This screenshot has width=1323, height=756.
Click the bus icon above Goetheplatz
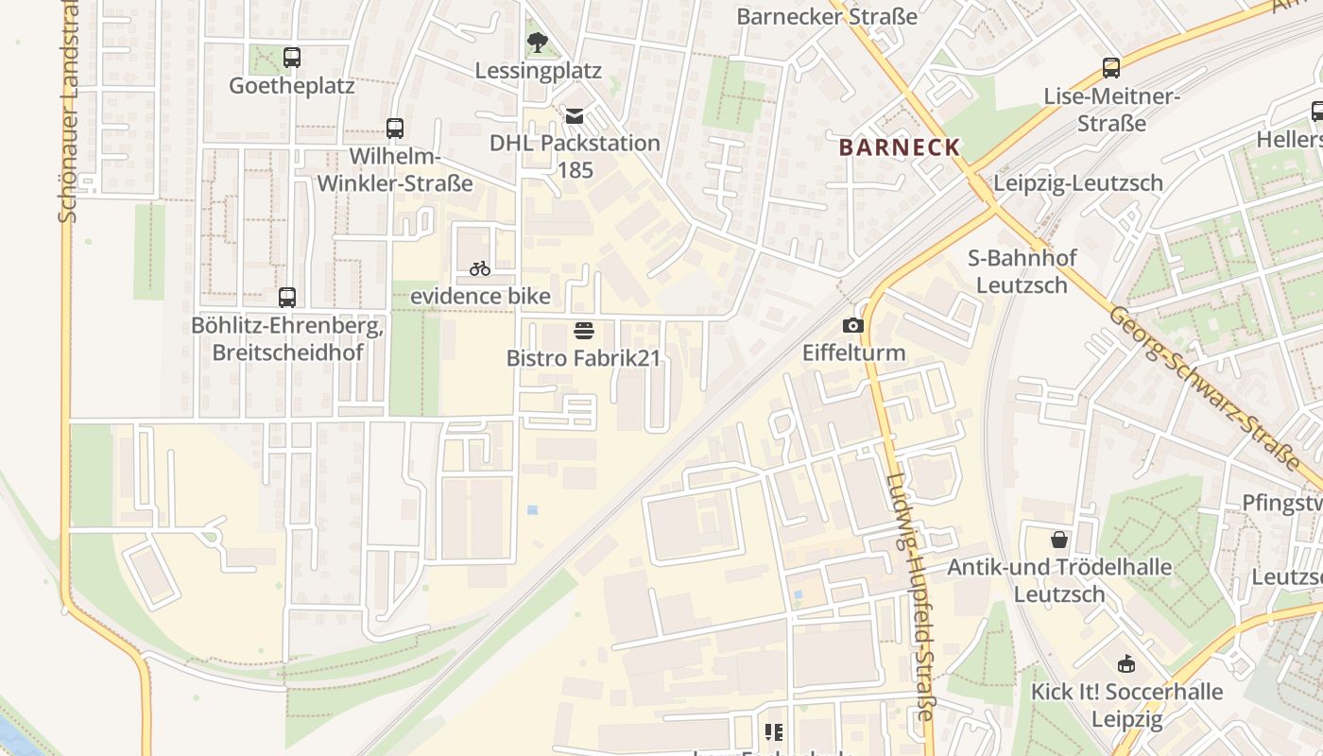(x=292, y=58)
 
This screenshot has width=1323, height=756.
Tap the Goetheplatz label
(x=292, y=86)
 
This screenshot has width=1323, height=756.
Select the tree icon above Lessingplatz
(x=537, y=43)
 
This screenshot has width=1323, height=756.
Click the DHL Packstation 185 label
(x=575, y=156)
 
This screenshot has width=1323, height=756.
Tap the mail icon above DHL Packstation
(x=574, y=116)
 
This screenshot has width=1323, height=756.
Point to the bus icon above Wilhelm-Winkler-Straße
(x=395, y=129)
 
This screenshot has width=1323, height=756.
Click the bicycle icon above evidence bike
(x=480, y=268)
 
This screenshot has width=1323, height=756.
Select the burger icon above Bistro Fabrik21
(x=583, y=331)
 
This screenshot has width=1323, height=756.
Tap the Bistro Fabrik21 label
(x=583, y=359)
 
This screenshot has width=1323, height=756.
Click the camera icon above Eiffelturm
(x=853, y=325)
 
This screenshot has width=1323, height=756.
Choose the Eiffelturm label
(x=853, y=353)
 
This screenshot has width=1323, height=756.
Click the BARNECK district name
(x=900, y=147)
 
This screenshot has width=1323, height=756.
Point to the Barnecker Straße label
(x=827, y=16)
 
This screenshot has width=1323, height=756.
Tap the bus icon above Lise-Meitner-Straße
(x=1111, y=68)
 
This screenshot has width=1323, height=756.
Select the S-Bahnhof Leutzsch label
(x=1022, y=271)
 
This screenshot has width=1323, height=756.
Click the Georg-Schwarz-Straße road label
(x=1204, y=387)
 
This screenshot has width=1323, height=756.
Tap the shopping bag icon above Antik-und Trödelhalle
(x=1059, y=540)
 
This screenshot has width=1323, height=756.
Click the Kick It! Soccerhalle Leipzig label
(x=1126, y=705)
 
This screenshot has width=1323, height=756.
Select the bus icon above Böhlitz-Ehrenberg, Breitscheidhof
(x=287, y=298)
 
